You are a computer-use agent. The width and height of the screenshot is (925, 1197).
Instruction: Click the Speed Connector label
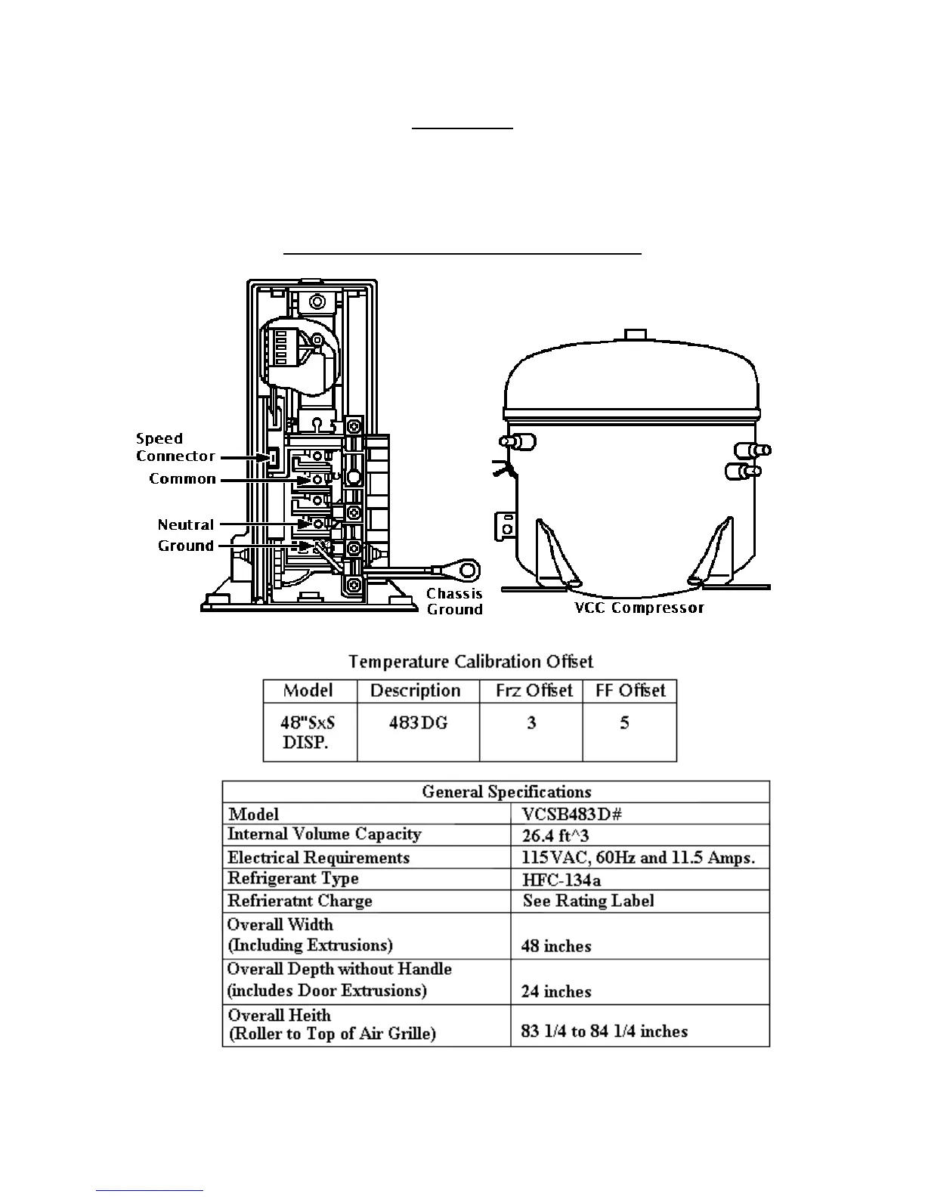tap(175, 447)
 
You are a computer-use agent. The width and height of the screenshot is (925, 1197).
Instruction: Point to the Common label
tap(182, 479)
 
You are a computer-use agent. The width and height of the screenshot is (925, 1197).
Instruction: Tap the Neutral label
tap(186, 524)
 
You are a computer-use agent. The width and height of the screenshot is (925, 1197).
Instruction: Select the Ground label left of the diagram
tap(186, 546)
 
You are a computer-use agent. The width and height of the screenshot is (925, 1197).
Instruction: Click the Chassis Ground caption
tap(454, 602)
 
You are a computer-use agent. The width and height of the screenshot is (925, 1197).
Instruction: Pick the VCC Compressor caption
tap(639, 608)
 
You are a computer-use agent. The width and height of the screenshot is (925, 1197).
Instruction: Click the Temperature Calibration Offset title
tap(470, 662)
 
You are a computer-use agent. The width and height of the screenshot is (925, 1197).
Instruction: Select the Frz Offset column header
tap(534, 691)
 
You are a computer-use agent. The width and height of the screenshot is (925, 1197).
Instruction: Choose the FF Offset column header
tap(630, 691)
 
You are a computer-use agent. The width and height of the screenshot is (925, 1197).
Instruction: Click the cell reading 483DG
tap(418, 723)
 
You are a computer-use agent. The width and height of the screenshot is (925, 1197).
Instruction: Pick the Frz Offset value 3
tap(531, 723)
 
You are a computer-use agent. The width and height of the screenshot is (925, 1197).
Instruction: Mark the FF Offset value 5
tap(624, 723)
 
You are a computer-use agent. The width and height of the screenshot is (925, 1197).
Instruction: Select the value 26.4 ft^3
tap(555, 836)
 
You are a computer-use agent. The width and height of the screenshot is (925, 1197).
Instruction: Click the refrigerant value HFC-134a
tap(561, 880)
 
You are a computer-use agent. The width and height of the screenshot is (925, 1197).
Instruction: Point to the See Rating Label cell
tap(588, 901)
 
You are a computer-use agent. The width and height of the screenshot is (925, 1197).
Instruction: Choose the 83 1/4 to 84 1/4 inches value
tap(604, 1032)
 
